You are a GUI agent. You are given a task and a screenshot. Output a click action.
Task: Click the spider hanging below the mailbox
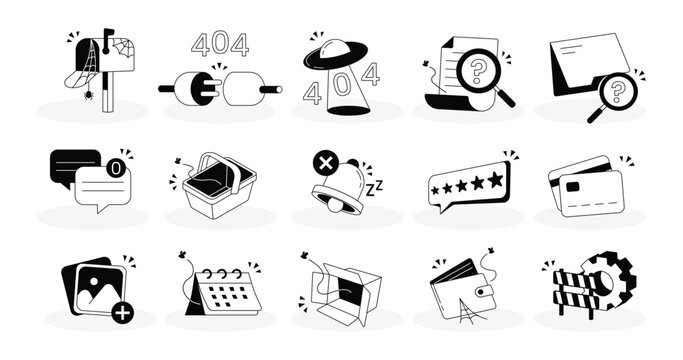(x=88, y=94)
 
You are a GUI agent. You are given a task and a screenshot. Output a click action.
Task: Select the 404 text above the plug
(x=220, y=44)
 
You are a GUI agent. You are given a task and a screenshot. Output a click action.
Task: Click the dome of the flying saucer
(x=335, y=48)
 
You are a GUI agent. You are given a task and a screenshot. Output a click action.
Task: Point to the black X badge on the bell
(x=325, y=163)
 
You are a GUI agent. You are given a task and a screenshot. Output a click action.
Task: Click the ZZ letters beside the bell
(x=374, y=189)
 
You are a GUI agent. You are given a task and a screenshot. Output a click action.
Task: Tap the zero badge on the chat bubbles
(x=116, y=168)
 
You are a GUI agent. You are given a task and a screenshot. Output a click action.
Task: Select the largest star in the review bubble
(x=495, y=180)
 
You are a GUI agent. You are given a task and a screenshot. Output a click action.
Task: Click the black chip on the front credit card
(x=572, y=187)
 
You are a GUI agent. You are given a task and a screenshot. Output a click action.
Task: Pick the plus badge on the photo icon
(x=122, y=313)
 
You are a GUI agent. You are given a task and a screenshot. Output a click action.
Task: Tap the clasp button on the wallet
(x=482, y=291)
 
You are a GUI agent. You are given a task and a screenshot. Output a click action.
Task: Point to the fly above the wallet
(x=491, y=251)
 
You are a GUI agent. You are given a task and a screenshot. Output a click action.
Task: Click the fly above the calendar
(x=182, y=255)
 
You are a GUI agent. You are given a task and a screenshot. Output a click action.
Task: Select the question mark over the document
(x=477, y=70)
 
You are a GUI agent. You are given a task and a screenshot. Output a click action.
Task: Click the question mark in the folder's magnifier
(x=617, y=92)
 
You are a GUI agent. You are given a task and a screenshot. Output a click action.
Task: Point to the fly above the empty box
(x=304, y=255)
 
